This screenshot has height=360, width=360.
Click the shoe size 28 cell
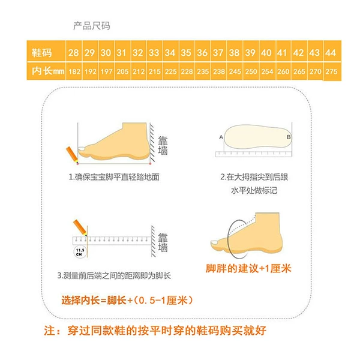(74, 53)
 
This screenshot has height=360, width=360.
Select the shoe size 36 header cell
(202, 53)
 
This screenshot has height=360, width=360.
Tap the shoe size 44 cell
(331, 53)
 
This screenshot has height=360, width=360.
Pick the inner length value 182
(74, 71)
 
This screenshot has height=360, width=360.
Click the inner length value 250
(251, 71)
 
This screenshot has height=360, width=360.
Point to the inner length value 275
(331, 71)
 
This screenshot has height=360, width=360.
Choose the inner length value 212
(139, 71)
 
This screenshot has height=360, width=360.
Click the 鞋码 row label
(42, 53)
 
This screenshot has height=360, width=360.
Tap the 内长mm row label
(48, 71)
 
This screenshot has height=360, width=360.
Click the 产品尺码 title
(92, 26)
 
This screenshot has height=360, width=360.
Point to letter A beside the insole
(221, 137)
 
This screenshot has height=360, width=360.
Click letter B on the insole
(289, 137)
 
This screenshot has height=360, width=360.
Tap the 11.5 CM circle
(80, 252)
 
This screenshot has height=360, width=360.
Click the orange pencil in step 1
(73, 155)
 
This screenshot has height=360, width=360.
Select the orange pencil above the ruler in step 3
(80, 228)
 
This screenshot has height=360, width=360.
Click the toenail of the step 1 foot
(82, 149)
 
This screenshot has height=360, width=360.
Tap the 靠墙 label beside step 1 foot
(163, 146)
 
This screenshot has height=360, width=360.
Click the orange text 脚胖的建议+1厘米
(248, 268)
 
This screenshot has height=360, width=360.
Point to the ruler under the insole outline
(254, 154)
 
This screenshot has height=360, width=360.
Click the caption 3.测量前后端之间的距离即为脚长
(114, 275)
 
